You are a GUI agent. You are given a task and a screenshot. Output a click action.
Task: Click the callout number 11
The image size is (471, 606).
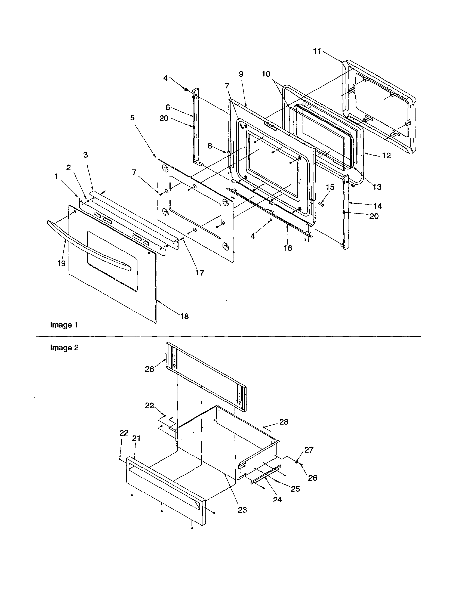[317, 51]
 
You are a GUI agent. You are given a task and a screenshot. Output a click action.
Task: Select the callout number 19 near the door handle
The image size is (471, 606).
[61, 263]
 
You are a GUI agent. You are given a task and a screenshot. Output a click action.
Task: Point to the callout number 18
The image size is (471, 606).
[184, 316]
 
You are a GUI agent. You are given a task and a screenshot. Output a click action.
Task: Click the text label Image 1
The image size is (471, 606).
[64, 325]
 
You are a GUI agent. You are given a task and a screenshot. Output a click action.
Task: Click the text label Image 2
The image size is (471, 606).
[64, 348]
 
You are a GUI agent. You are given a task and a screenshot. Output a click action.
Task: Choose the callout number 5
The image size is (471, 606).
[132, 118]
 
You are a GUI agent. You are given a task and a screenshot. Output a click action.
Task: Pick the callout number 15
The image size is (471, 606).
[330, 187]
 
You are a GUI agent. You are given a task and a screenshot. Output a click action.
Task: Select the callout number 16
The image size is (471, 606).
[288, 248]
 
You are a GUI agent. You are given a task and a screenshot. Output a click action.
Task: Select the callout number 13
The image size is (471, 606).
[377, 187]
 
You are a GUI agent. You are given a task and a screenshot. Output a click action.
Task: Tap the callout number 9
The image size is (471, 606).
[241, 74]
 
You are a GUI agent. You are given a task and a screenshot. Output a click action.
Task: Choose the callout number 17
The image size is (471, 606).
[199, 273]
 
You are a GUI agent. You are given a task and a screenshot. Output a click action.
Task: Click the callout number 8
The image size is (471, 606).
[210, 146]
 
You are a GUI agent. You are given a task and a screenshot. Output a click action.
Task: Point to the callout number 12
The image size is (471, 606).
[386, 155]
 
